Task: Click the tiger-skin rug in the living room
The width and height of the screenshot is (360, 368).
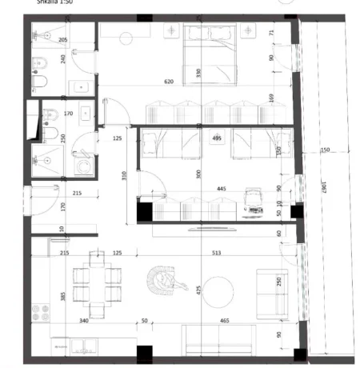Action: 164,282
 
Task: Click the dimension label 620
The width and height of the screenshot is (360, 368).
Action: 168,82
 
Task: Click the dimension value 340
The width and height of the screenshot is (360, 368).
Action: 83,320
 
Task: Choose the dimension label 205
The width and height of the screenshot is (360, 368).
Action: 63,40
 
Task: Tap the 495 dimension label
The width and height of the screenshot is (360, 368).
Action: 216,138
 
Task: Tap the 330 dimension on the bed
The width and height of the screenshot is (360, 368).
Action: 197,72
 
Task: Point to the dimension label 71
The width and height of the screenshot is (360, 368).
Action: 272,33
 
